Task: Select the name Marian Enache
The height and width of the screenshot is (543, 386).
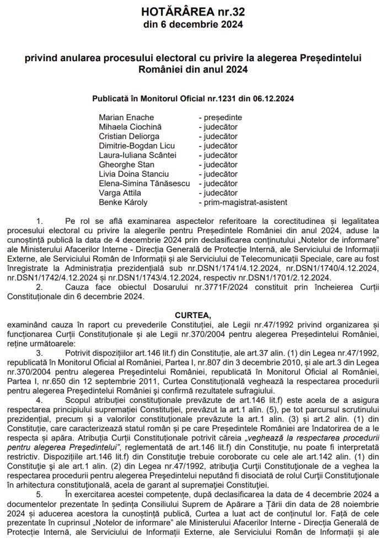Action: [126, 117]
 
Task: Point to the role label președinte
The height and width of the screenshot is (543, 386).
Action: [220, 117]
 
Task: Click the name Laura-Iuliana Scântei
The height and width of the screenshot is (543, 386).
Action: [138, 155]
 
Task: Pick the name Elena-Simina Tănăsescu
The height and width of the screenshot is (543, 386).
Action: [144, 184]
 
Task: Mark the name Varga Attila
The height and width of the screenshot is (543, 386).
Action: [120, 193]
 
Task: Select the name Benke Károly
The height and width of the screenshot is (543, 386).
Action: [122, 202]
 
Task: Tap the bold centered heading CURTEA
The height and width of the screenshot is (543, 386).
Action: [192, 315]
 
